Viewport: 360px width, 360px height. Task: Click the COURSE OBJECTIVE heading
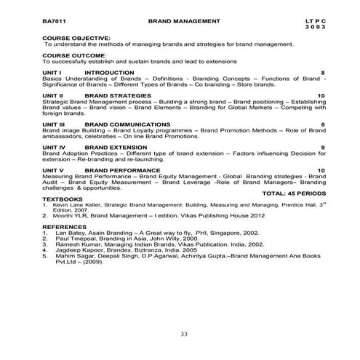76,38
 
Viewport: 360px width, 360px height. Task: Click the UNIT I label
52,72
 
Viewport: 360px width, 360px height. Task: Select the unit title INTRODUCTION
109,72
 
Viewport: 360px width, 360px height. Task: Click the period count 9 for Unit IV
322,148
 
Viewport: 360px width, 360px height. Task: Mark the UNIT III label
55,124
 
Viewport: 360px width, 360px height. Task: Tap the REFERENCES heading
65,227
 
